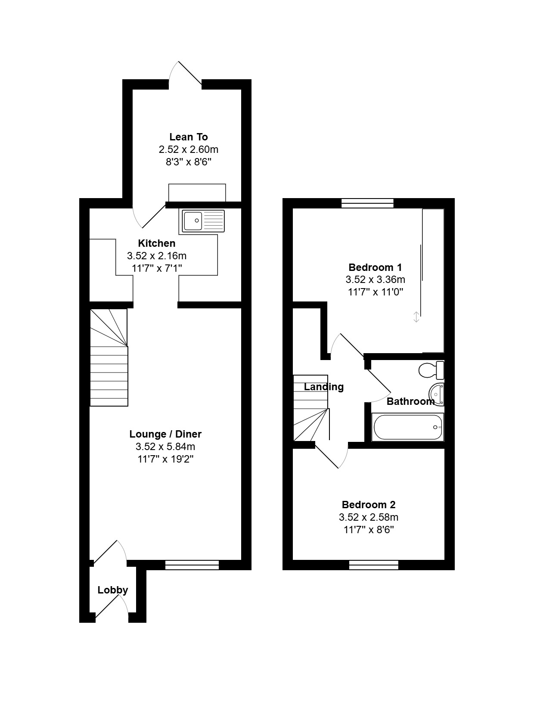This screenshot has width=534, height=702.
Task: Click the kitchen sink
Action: click(x=203, y=221)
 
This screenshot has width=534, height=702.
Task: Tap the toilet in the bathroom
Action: click(x=432, y=370)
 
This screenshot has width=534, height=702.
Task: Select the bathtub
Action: click(x=408, y=427)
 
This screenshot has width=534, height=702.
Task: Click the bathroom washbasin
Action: click(x=436, y=394)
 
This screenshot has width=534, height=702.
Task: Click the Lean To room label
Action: click(x=189, y=137)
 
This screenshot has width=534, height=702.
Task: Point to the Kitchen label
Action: click(x=157, y=243)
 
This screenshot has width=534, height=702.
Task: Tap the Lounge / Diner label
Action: click(x=165, y=434)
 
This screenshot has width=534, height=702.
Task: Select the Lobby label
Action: click(x=112, y=590)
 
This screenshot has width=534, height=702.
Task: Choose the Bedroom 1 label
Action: click(x=375, y=267)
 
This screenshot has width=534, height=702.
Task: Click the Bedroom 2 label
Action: click(x=369, y=505)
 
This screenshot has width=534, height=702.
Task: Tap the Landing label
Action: click(x=323, y=387)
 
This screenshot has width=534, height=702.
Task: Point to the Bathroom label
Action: click(x=410, y=401)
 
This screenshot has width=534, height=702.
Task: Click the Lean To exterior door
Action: click(x=186, y=74)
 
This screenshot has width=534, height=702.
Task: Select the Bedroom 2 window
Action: click(x=373, y=565)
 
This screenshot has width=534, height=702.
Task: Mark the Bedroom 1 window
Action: click(x=367, y=203)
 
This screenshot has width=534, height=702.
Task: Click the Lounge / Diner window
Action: click(x=192, y=565)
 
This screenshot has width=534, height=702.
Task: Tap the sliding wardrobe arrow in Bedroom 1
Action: click(x=416, y=317)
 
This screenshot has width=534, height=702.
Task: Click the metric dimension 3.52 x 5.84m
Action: click(x=165, y=447)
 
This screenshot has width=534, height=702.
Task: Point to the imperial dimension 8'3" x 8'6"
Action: click(x=189, y=162)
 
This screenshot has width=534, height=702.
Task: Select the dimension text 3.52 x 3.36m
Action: click(x=375, y=280)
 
